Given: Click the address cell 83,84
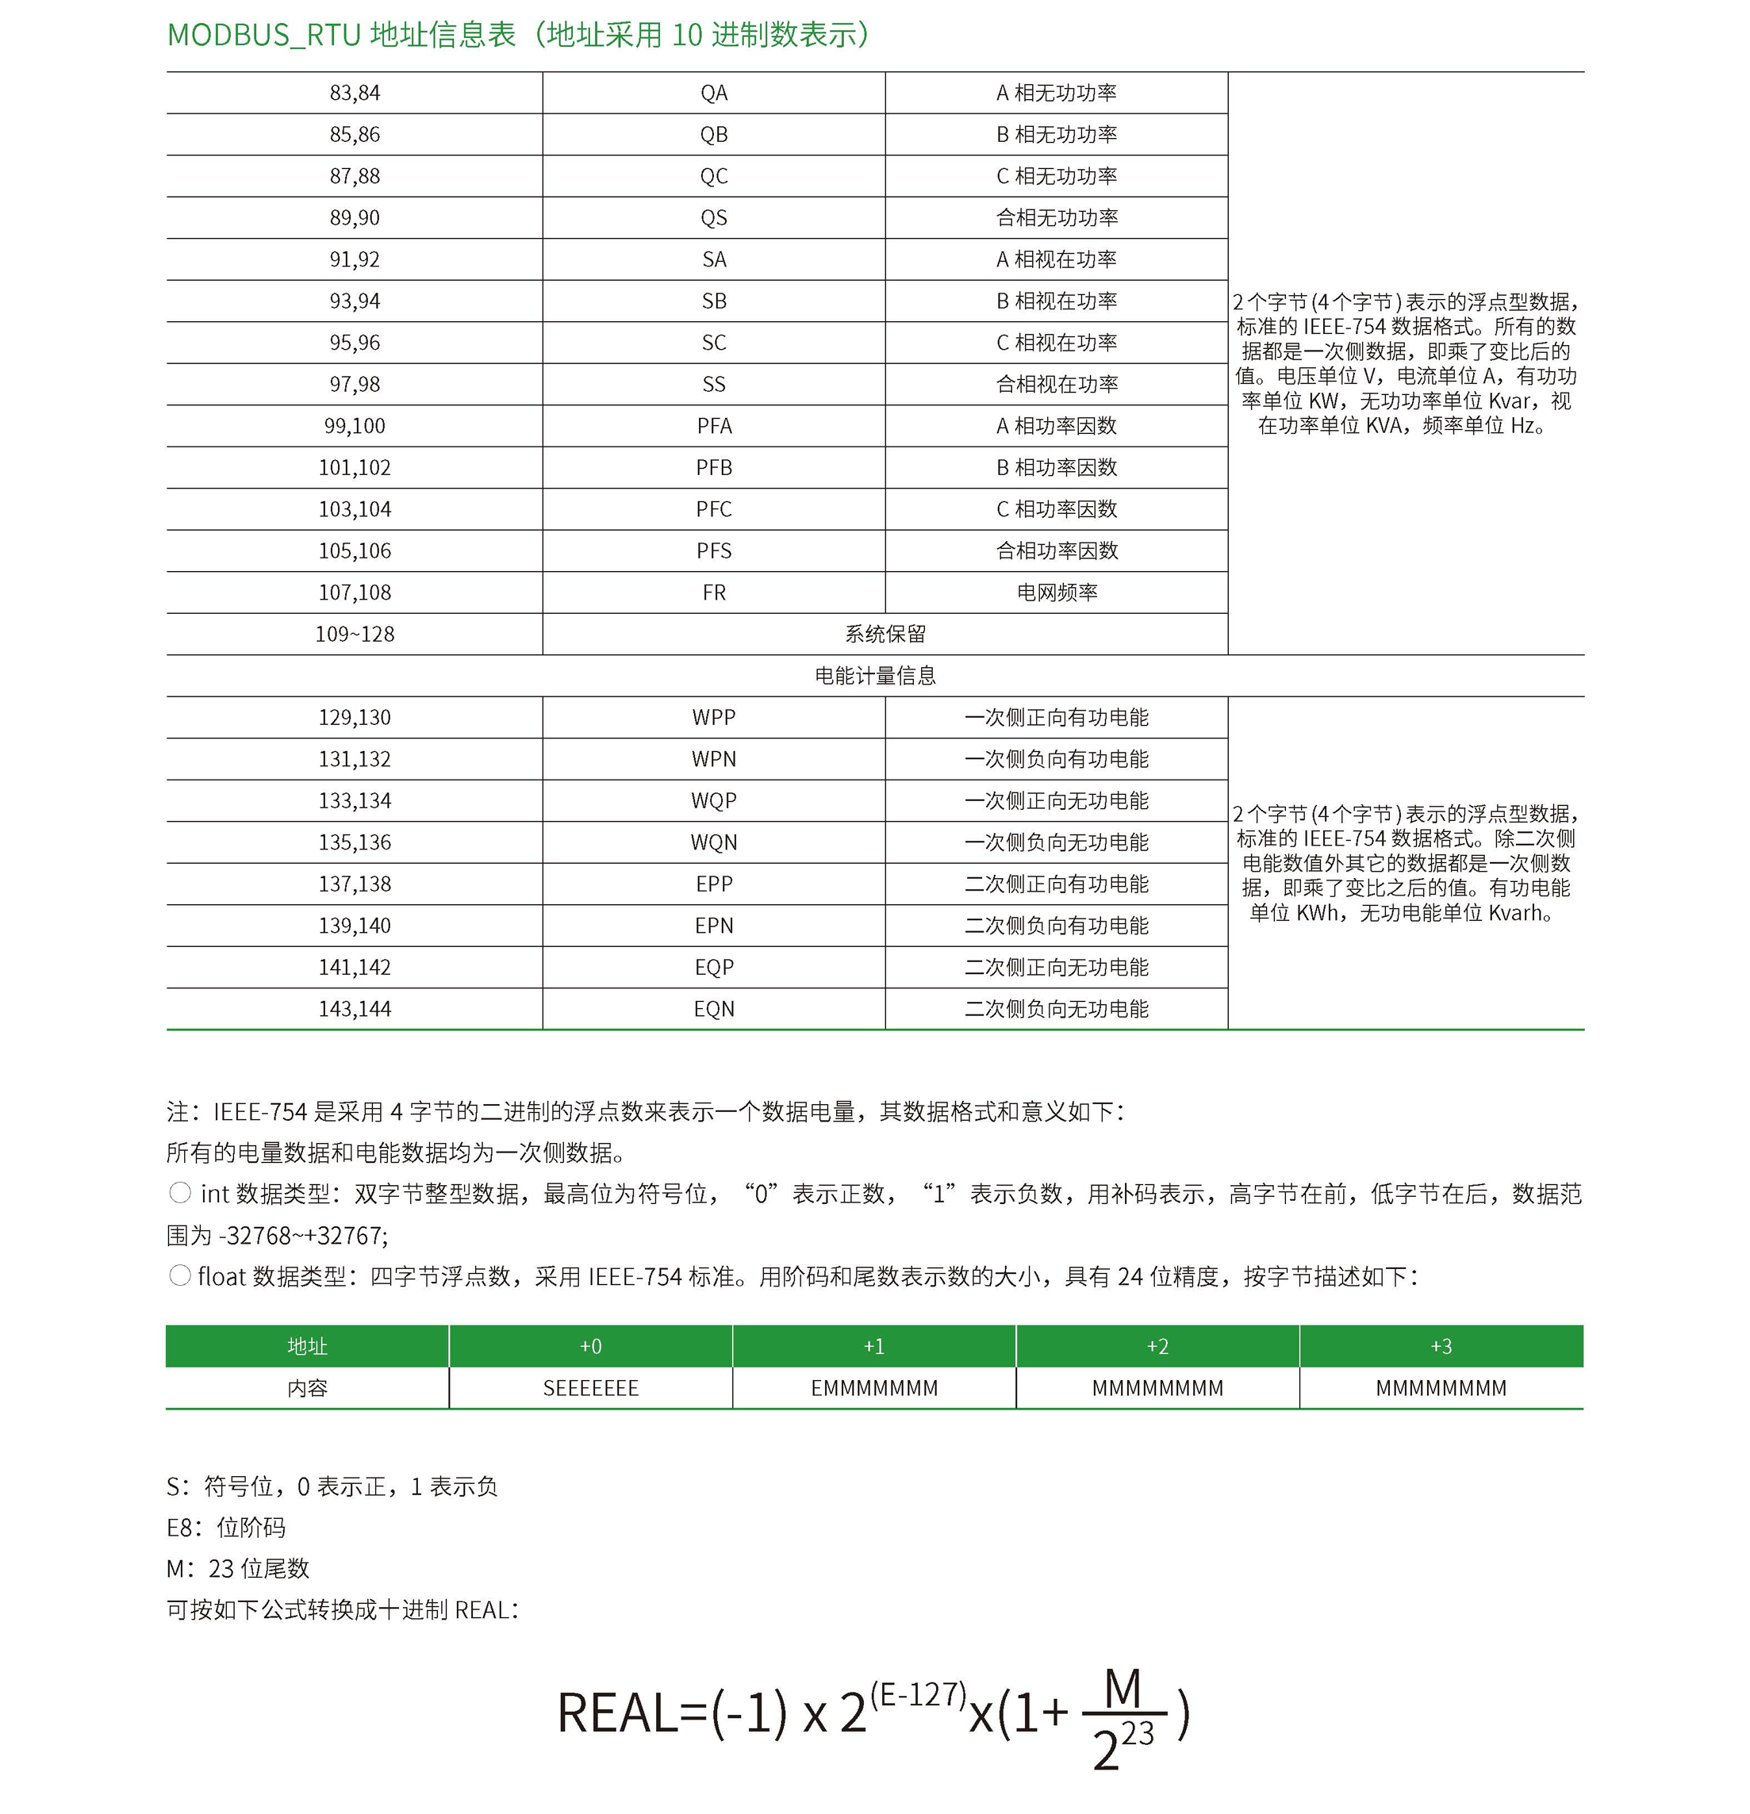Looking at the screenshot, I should click(355, 93).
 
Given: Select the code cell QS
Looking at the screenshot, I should click(713, 217).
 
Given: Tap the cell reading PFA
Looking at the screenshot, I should click(713, 426).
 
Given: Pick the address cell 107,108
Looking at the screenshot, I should click(355, 593).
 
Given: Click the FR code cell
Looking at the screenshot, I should click(713, 593).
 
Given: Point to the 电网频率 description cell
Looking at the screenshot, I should click(1057, 593).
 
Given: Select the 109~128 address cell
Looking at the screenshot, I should click(355, 634).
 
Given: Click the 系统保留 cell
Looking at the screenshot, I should click(885, 634).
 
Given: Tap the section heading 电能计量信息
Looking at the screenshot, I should click(874, 676).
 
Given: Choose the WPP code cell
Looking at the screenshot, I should click(713, 717).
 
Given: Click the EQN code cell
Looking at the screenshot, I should click(713, 1009).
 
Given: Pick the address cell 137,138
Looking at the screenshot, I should click(355, 884).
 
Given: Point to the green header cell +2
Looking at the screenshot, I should click(1157, 1346).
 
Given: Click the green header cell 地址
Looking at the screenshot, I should click(307, 1346).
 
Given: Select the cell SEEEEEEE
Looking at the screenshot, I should click(590, 1388).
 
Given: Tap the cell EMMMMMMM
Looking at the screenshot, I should click(874, 1388).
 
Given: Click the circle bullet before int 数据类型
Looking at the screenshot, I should click(180, 1193).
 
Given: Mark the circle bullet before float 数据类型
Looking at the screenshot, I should click(180, 1275).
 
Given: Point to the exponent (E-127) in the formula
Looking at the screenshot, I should click(917, 1693).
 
